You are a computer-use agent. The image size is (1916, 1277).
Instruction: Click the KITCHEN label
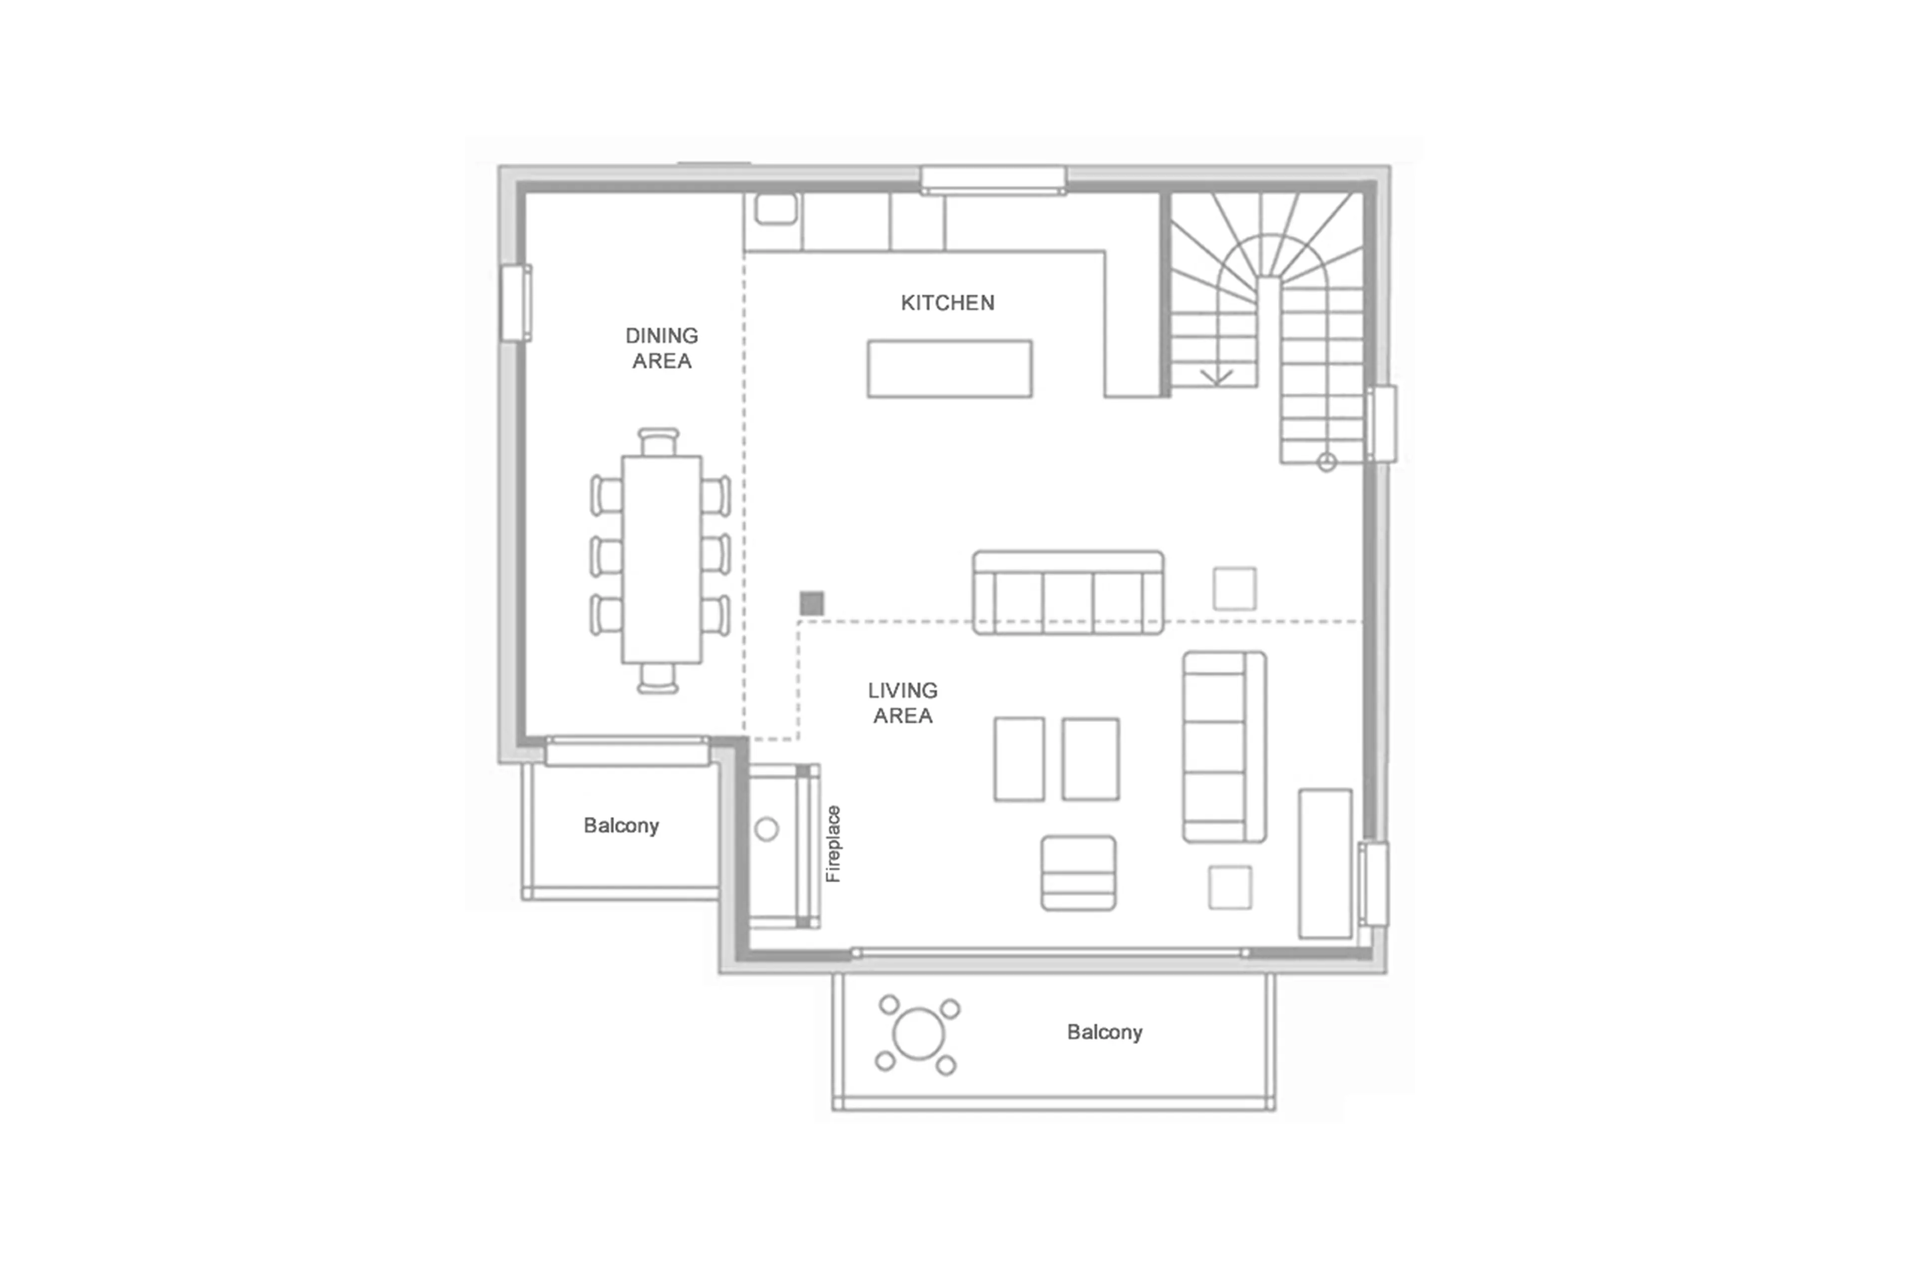click(x=947, y=303)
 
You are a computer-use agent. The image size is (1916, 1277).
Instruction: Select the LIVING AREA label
click(x=902, y=703)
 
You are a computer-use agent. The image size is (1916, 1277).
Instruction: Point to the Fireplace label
click(x=833, y=844)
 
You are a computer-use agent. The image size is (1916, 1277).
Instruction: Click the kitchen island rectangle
click(x=950, y=369)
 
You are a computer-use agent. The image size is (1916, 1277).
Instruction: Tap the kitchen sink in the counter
click(x=775, y=209)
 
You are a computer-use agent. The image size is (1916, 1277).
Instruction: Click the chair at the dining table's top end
click(x=658, y=442)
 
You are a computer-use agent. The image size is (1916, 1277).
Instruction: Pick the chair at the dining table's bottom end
click(x=658, y=678)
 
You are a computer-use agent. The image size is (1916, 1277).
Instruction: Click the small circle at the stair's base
click(x=1326, y=463)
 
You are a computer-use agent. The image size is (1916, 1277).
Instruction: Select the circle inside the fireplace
click(x=766, y=830)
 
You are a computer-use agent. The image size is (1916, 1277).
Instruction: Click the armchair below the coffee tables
click(x=1078, y=873)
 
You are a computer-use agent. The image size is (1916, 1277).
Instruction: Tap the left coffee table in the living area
click(x=1019, y=759)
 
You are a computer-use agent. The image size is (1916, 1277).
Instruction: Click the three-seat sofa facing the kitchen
click(x=1067, y=593)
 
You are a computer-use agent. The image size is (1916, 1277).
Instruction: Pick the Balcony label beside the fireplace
click(x=621, y=826)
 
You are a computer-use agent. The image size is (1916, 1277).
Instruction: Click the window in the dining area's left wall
click(x=515, y=303)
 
